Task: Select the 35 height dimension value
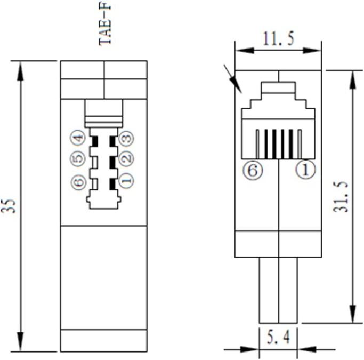pos(9,206)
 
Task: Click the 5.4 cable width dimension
pos(278,337)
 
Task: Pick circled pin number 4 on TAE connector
pos(78,139)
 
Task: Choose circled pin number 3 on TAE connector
pos(126,139)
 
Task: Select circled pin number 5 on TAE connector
pos(78,159)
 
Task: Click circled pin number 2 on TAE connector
pos(126,159)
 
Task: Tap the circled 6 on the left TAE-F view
pos(78,182)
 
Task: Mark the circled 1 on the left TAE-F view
pos(126,181)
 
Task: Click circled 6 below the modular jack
pos(253,171)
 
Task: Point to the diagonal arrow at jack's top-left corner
pos(233,79)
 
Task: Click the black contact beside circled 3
pos(112,141)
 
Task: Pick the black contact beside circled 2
pos(112,161)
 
